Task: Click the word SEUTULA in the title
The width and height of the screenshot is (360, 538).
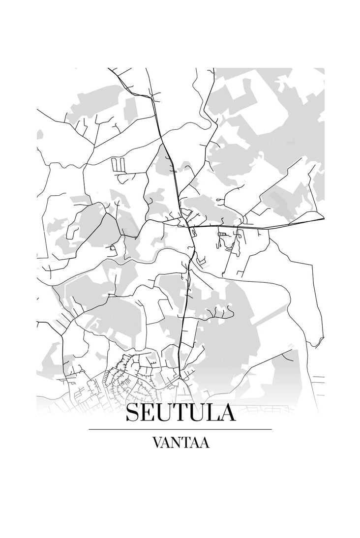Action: tap(180, 413)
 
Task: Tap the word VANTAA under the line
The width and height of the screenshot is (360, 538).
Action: tap(180, 443)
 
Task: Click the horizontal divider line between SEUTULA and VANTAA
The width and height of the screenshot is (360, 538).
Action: tap(180, 429)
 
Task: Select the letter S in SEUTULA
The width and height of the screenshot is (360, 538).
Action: tap(133, 413)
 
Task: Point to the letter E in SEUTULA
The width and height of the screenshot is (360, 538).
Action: tap(148, 413)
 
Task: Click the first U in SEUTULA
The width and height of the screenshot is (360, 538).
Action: tap(165, 413)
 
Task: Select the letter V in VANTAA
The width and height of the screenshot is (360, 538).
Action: tap(157, 443)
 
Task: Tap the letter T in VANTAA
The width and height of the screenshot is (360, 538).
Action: tap(186, 443)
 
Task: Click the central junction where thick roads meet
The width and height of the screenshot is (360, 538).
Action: tap(189, 227)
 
